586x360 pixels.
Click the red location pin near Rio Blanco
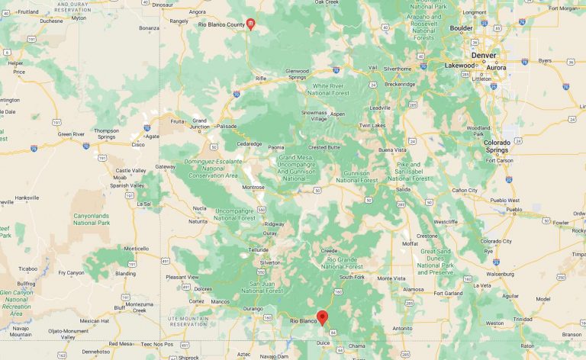[322, 317]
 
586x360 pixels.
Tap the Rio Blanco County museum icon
[250, 25]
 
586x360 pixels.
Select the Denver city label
[483, 56]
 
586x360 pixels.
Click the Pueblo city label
[514, 209]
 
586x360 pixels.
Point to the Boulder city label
[461, 28]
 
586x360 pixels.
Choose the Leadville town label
[380, 108]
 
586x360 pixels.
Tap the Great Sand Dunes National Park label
[436, 261]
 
